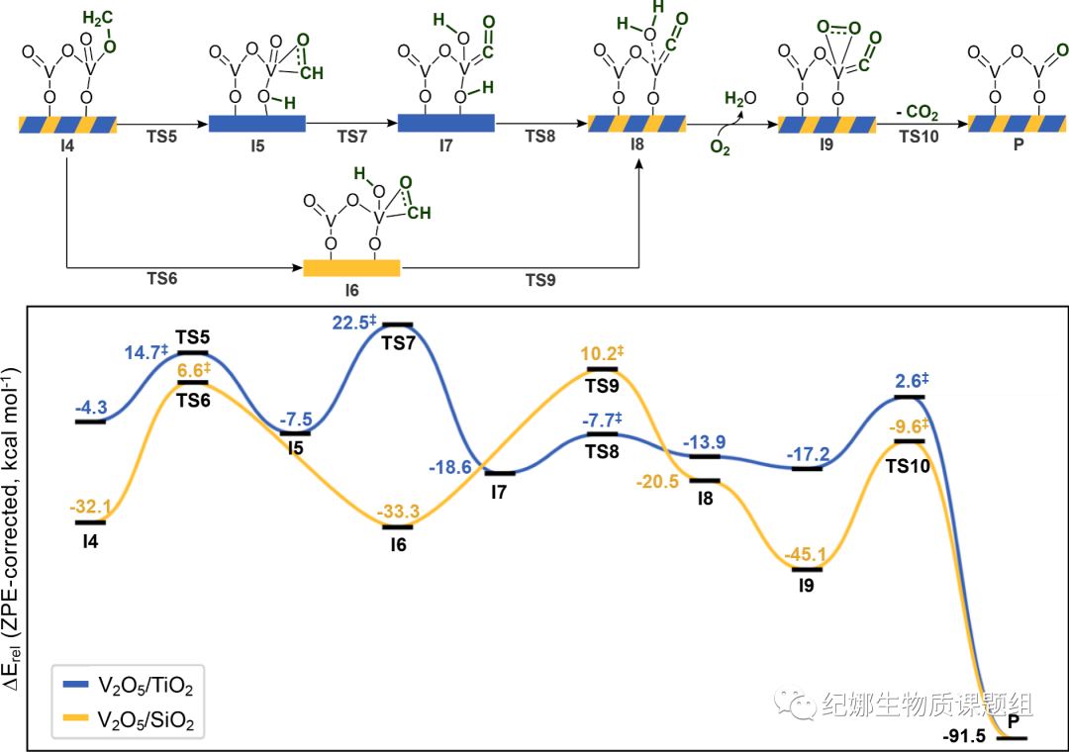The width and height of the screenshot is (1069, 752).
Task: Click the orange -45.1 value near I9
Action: coord(806,554)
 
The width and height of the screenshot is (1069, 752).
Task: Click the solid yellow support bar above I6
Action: coord(351,267)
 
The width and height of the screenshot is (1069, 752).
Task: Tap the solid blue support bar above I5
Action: coord(257,124)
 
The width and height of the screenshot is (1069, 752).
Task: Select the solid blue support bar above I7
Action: coord(445,123)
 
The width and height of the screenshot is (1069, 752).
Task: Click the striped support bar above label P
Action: coord(1016,124)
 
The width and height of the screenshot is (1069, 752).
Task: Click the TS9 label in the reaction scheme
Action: coord(539,280)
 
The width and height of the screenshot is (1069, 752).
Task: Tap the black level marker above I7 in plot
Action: coord(500,473)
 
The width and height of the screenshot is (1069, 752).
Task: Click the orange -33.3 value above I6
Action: coord(397,512)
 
